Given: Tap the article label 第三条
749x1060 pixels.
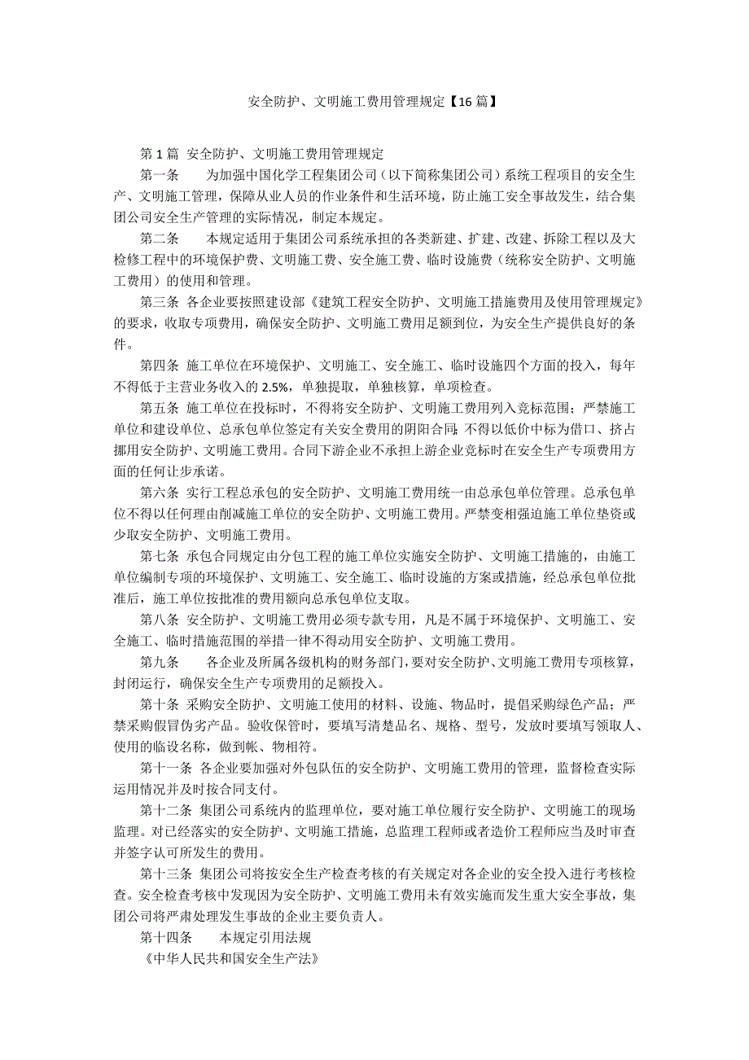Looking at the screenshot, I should [x=160, y=301].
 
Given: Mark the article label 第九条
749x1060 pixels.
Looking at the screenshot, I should [x=160, y=662].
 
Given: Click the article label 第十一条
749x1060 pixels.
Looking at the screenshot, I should [x=166, y=768].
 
